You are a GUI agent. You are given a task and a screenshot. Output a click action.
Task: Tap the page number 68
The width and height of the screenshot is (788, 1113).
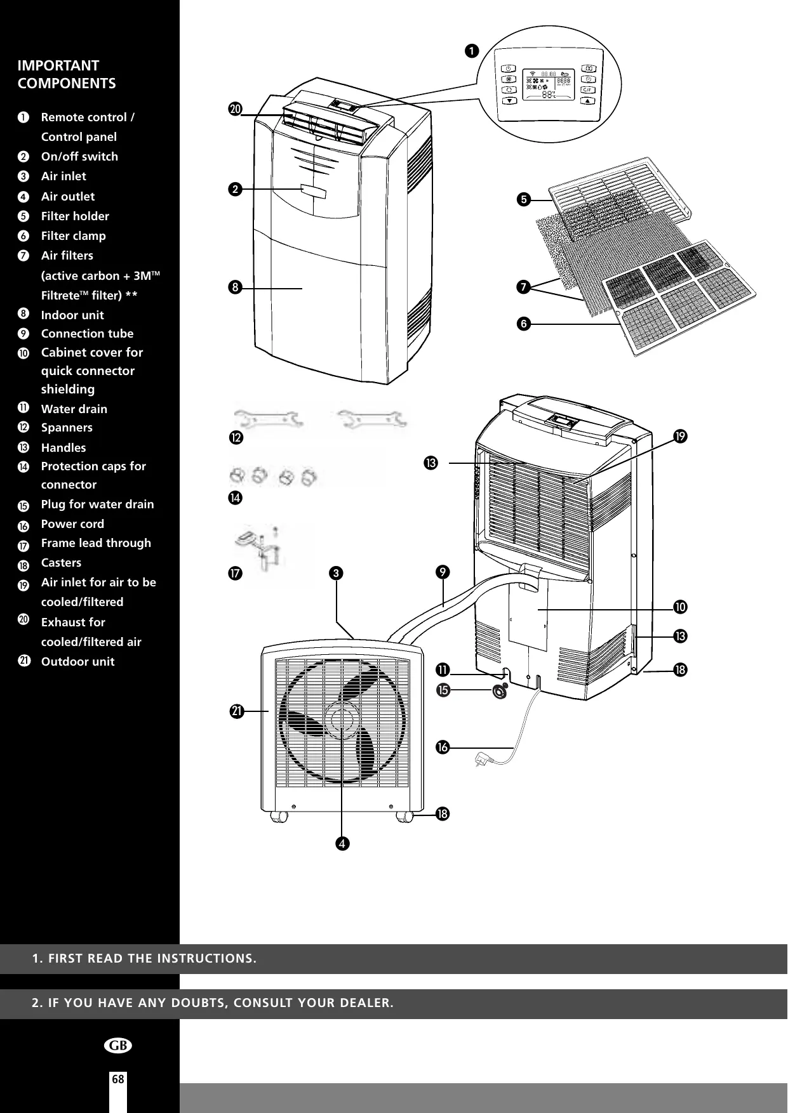tap(118, 1079)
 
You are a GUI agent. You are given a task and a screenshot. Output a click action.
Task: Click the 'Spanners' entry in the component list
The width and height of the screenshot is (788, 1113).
tap(67, 428)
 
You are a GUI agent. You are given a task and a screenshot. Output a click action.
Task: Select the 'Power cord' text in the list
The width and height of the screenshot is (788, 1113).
tap(72, 524)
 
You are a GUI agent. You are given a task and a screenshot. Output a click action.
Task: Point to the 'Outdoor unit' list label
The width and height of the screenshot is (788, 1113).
tap(77, 662)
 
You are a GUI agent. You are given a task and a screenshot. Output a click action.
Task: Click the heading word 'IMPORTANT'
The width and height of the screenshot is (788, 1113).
tap(58, 66)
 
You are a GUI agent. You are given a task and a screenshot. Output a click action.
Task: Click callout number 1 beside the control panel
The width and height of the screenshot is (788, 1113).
tap(472, 51)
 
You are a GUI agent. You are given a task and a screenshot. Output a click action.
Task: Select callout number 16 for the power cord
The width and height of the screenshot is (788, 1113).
tap(442, 747)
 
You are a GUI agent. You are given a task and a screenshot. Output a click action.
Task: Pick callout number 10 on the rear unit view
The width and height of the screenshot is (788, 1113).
tap(681, 607)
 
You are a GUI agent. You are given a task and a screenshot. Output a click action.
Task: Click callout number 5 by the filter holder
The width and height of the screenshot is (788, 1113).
tap(524, 200)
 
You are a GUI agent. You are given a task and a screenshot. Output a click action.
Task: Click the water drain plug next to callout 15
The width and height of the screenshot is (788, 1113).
tap(500, 691)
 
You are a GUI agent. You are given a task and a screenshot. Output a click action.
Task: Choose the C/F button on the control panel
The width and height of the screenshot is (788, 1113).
tap(588, 90)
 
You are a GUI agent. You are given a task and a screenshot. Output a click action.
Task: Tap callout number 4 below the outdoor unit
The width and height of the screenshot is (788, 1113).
tap(342, 843)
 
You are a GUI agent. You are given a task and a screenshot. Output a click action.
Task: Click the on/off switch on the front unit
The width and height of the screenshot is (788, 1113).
tap(314, 190)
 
